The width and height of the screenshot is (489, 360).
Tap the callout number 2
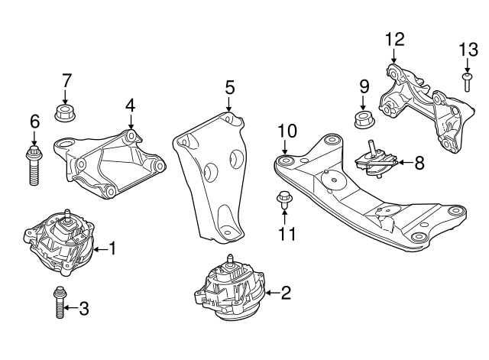(286, 291)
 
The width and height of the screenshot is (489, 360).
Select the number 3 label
(84, 309)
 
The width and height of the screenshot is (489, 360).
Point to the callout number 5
(229, 89)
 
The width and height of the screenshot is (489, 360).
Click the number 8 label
(419, 162)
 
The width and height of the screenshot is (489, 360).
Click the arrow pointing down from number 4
(131, 122)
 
